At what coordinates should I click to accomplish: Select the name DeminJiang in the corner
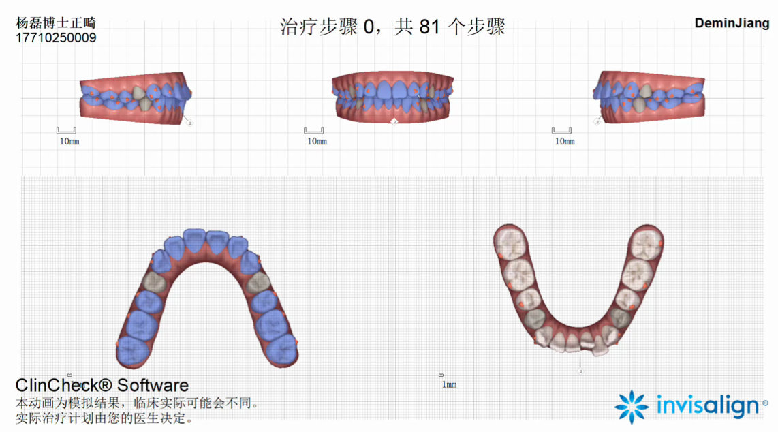(x=732, y=23)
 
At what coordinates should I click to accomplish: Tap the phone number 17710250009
(x=56, y=38)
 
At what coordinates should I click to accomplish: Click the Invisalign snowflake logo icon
(x=632, y=407)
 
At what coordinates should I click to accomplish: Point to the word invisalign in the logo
(x=707, y=406)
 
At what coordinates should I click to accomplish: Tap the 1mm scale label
(x=449, y=385)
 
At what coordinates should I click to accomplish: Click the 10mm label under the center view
(x=317, y=142)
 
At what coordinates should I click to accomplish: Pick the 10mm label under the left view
(x=69, y=142)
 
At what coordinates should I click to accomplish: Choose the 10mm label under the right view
(x=564, y=142)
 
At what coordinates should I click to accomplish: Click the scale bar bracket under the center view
(x=313, y=130)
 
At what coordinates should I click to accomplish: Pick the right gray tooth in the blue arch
(x=259, y=282)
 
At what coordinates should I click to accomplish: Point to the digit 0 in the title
(x=369, y=28)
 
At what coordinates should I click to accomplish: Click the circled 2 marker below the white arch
(x=580, y=371)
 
